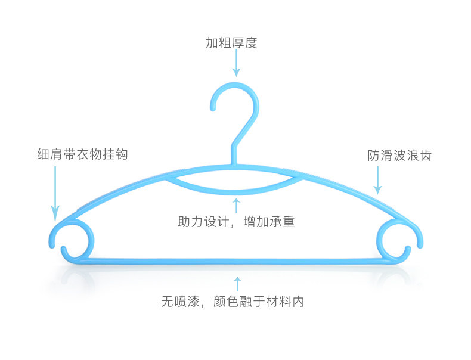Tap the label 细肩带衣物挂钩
click(x=82, y=154)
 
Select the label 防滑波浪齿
click(x=399, y=156)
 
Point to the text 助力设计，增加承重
click(x=237, y=222)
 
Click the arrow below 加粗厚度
click(x=236, y=63)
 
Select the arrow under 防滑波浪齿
click(x=377, y=179)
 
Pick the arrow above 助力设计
click(x=237, y=205)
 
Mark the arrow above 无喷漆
click(x=237, y=284)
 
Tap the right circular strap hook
click(x=396, y=237)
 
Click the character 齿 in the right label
click(x=425, y=156)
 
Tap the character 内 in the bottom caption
click(x=298, y=302)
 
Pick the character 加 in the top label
click(x=212, y=43)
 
